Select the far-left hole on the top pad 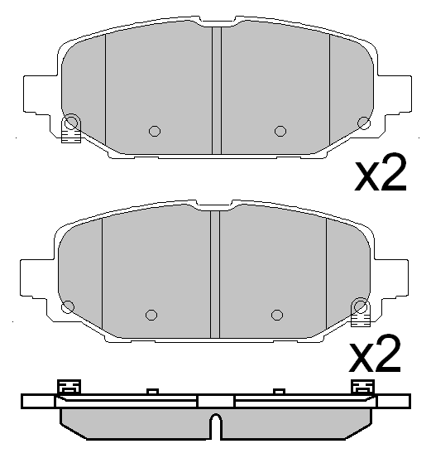[x=71, y=122]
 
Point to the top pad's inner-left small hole [x=153, y=130]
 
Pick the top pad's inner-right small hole [x=280, y=130]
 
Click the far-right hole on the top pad [x=362, y=123]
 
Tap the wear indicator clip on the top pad [x=71, y=133]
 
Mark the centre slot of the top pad [x=217, y=91]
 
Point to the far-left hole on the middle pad [x=68, y=306]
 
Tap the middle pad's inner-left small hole [x=151, y=314]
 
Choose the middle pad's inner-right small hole [x=277, y=314]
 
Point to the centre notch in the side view [x=215, y=427]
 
